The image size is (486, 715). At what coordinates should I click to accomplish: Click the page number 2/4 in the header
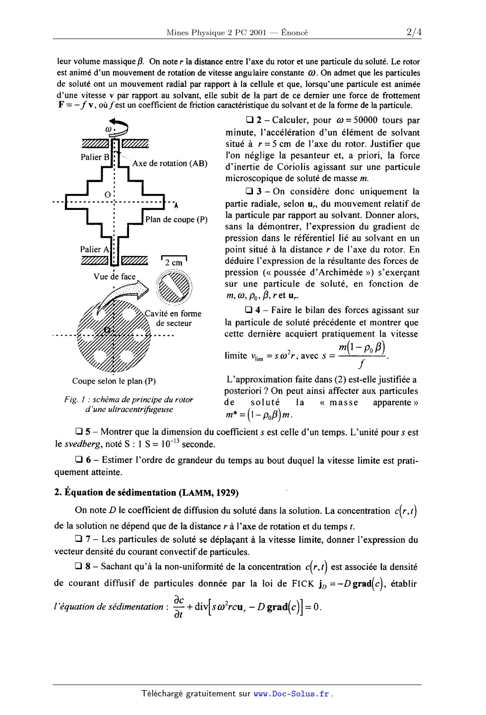(413, 33)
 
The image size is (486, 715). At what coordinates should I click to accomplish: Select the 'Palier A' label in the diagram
(94, 250)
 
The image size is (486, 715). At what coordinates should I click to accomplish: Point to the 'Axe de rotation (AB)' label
(170, 163)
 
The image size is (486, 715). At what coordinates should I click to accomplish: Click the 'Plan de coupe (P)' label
(176, 219)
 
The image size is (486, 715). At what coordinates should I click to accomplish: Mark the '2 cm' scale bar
(174, 261)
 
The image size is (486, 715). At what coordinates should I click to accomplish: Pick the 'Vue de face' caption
(115, 276)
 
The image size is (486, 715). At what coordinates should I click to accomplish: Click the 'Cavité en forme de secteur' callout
(173, 318)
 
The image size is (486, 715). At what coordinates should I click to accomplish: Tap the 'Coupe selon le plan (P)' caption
(114, 381)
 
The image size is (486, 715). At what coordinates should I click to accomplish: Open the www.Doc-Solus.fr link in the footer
(291, 694)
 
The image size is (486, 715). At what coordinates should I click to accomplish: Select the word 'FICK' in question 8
(304, 584)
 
